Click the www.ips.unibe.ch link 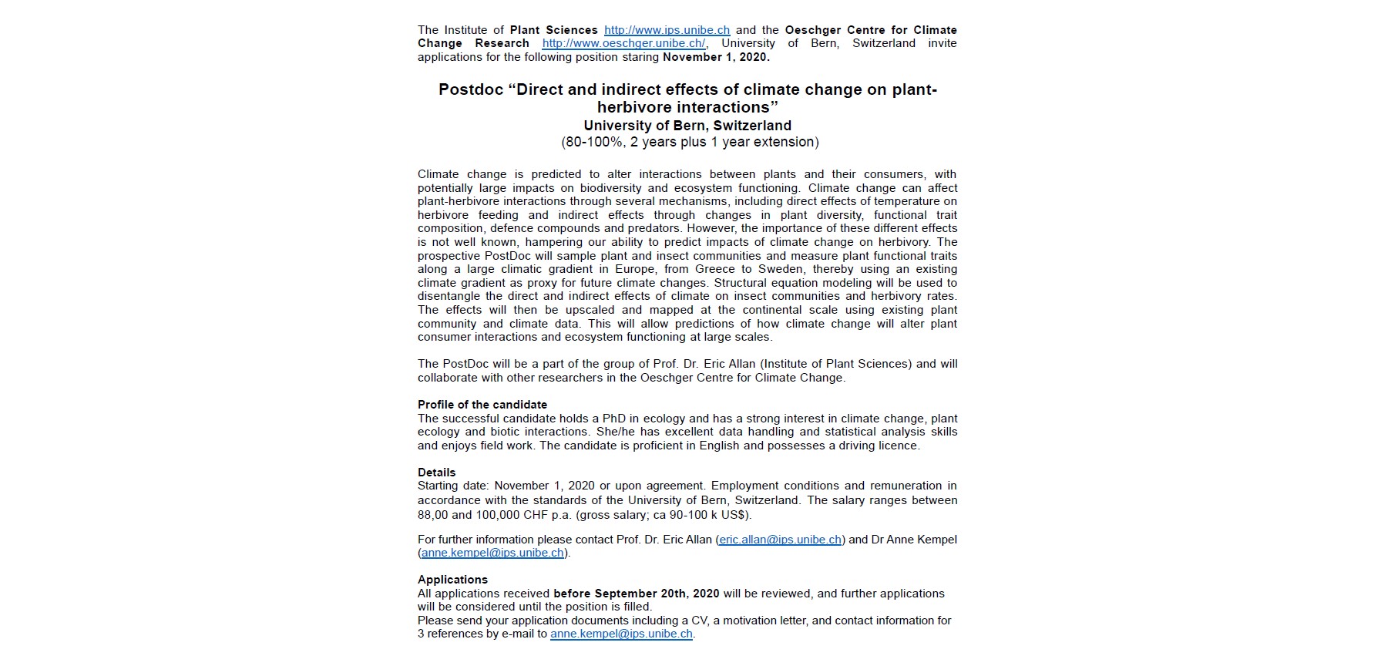click(667, 30)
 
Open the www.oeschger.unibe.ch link click(623, 44)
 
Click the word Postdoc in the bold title click(470, 89)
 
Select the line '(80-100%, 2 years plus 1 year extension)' click(690, 142)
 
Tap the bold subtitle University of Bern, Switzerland click(687, 126)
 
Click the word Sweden click(781, 269)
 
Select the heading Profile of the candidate click(482, 405)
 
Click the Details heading click(437, 473)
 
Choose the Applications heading click(452, 580)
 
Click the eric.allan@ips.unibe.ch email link click(780, 540)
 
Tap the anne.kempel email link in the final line click(621, 634)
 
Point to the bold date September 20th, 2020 click(657, 594)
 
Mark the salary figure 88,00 click(433, 515)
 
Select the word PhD click(613, 419)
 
